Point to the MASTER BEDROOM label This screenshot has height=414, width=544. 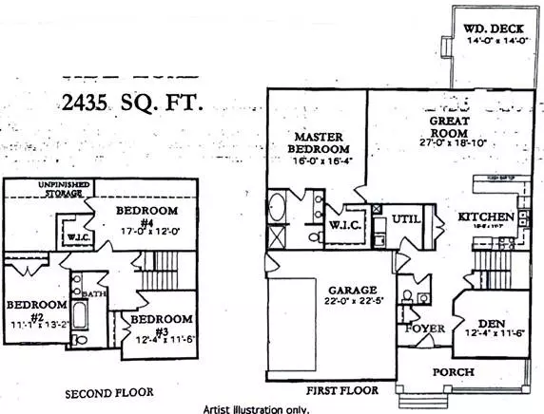click(319, 142)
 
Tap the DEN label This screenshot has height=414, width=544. click(492, 322)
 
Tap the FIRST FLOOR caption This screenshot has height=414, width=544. click(342, 390)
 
